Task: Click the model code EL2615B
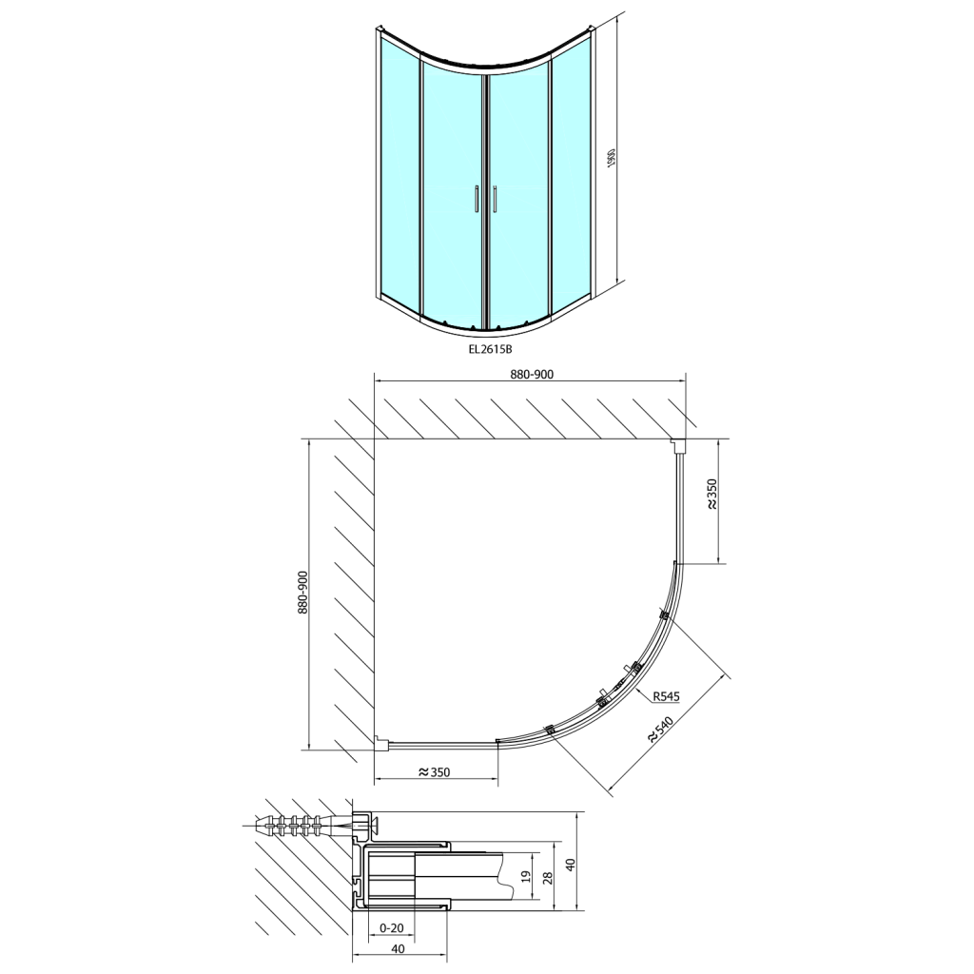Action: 490,349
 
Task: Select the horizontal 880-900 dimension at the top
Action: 532,374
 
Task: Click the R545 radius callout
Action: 667,697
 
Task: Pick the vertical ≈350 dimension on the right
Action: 711,495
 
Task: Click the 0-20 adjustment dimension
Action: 391,928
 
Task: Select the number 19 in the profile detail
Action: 526,876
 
